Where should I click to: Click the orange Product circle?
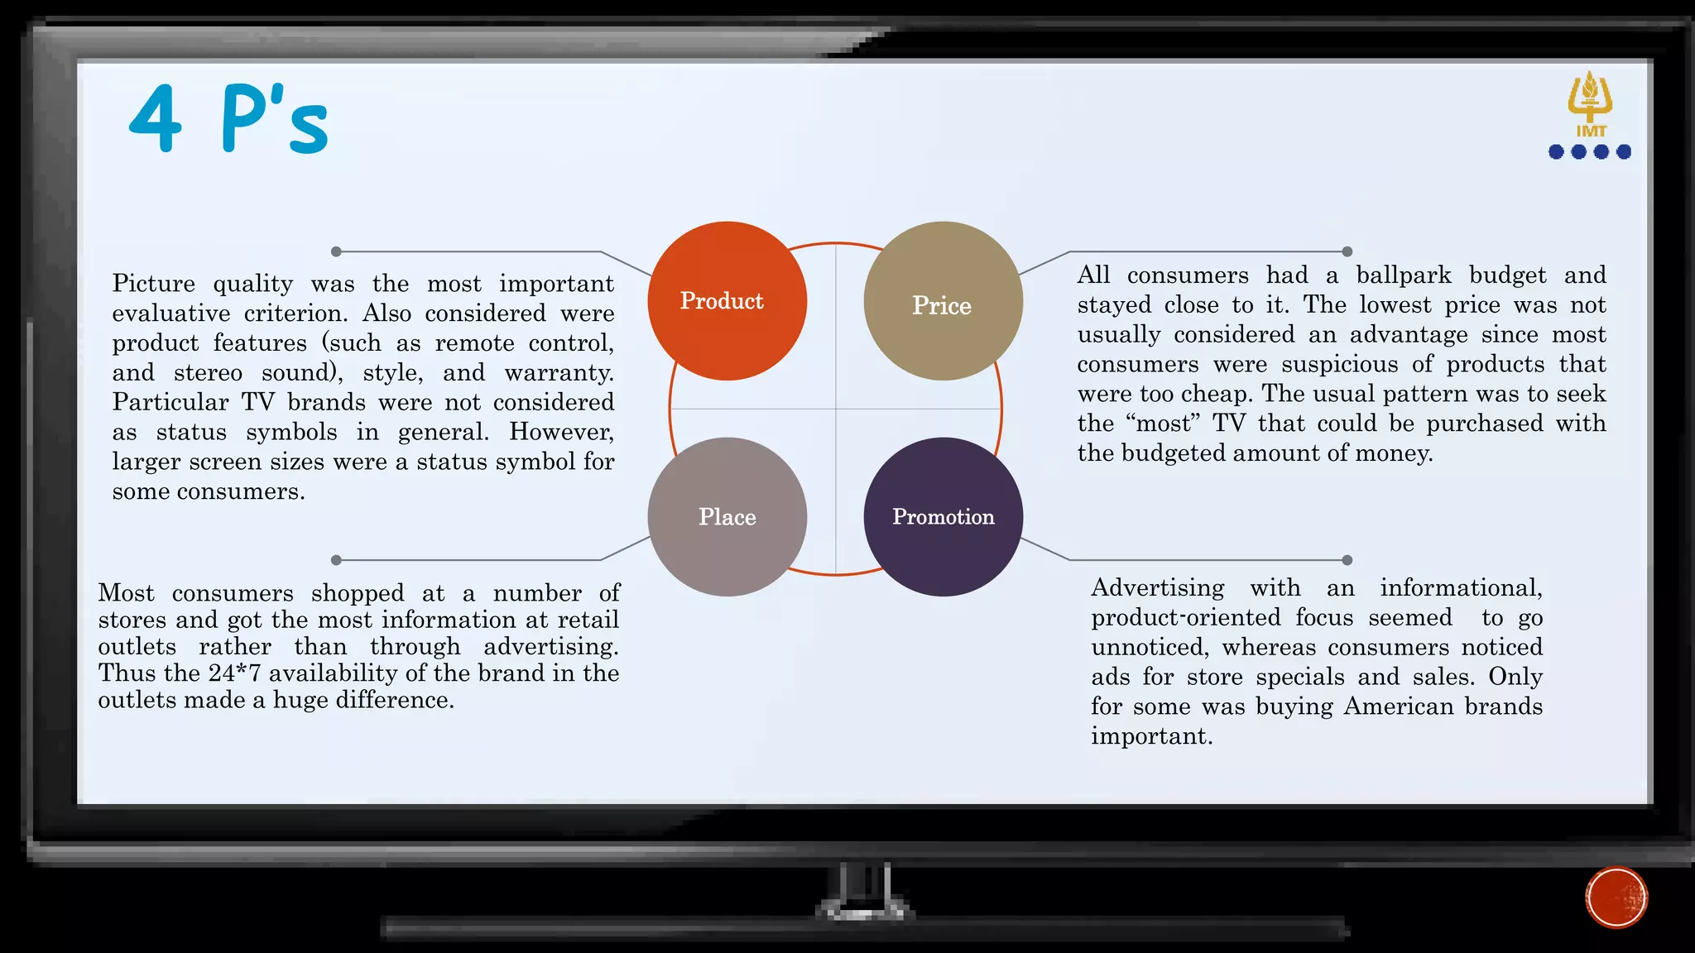pos(727,301)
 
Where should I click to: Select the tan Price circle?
pos(943,301)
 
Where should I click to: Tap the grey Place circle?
pos(727,517)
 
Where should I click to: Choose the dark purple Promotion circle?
pos(943,517)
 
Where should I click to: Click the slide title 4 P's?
pos(229,120)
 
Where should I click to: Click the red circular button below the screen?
pos(1616,898)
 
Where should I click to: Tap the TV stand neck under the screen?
pos(865,889)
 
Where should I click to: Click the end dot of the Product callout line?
pos(336,251)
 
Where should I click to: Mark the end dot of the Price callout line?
pos(1347,251)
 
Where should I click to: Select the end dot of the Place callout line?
pos(336,560)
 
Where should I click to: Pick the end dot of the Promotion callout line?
pos(1347,560)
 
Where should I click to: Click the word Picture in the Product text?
pos(154,284)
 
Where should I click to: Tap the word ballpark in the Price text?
pos(1404,275)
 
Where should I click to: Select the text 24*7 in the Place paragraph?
pos(234,673)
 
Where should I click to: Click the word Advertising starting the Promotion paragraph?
pos(1157,588)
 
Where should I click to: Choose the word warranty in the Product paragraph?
pos(559,373)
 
